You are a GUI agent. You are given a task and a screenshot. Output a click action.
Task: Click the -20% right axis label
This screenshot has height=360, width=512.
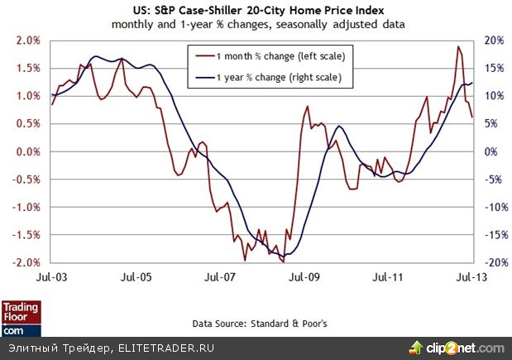pos(493,262)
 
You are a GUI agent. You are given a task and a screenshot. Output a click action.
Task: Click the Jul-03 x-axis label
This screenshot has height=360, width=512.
pos(51,274)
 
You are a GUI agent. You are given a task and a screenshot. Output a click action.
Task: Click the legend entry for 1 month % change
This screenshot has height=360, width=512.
pos(268,57)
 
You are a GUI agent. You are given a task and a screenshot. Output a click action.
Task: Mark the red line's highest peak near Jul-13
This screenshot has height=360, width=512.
pos(458,46)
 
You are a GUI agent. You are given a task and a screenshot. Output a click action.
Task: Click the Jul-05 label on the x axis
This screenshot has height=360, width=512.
pos(135,274)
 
